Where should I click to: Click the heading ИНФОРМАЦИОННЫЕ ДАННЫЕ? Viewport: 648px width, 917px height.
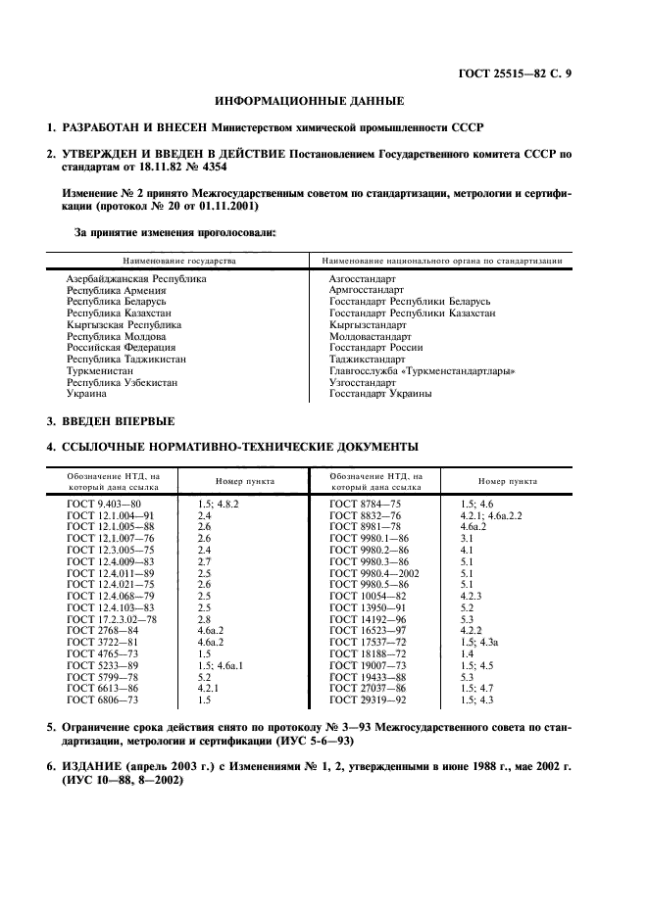309,101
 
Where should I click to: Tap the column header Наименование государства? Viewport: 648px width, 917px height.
178,262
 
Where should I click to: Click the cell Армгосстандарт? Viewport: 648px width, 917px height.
366,290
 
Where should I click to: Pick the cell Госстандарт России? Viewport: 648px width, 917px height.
376,348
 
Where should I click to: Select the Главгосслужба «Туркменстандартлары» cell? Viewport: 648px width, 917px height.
423,370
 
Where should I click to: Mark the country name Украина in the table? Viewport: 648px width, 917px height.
86,393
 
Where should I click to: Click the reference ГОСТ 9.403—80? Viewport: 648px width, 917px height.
105,503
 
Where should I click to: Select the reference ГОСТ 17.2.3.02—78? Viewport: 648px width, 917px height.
114,619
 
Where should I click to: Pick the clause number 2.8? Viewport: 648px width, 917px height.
204,619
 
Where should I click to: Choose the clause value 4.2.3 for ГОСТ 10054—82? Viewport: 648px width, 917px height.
473,596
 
